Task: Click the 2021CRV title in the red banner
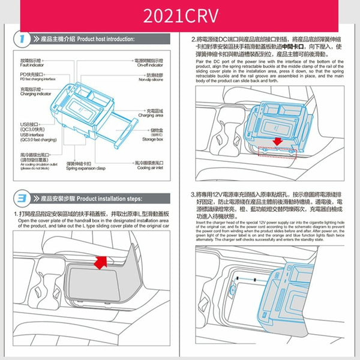pyautogui.click(x=180, y=17)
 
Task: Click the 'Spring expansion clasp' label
pyautogui.click(x=86, y=169)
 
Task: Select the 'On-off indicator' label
pyautogui.click(x=150, y=65)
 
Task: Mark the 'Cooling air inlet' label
pyautogui.click(x=149, y=169)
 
